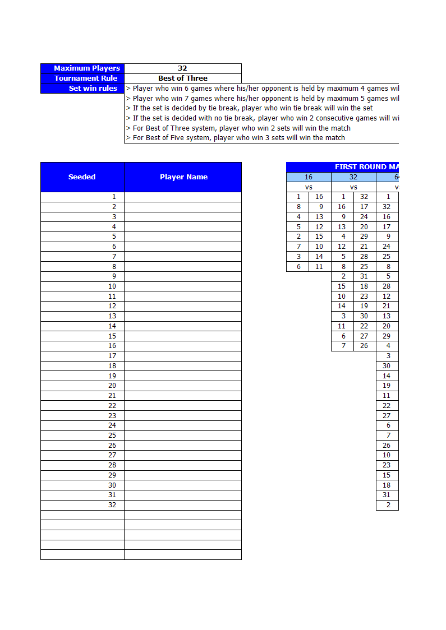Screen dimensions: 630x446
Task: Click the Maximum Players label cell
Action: (x=82, y=68)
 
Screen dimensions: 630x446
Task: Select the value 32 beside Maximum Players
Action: (x=182, y=68)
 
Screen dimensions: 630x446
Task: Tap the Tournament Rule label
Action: (x=82, y=78)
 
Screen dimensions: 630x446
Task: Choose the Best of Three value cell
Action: (x=182, y=78)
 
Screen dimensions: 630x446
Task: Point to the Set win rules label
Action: (x=82, y=89)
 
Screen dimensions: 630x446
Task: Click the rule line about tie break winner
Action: (x=252, y=108)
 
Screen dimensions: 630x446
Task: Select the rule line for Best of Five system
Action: (x=238, y=138)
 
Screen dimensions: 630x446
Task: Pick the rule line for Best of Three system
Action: (x=241, y=128)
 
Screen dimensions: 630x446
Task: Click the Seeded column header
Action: (x=82, y=177)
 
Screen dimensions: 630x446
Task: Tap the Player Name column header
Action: (x=183, y=177)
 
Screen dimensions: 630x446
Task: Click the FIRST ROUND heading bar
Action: (x=342, y=167)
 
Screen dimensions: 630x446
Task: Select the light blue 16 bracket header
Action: (x=309, y=177)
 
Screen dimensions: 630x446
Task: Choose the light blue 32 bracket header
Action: (x=353, y=177)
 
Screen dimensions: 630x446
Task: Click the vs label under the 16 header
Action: (x=309, y=187)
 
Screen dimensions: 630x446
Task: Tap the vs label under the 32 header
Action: (x=353, y=187)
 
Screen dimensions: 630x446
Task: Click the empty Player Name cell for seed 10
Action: (x=183, y=286)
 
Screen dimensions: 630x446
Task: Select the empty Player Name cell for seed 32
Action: (x=183, y=505)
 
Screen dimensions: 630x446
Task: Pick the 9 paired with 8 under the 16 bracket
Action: (x=320, y=207)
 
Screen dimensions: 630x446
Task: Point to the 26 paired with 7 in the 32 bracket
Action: (x=364, y=346)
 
